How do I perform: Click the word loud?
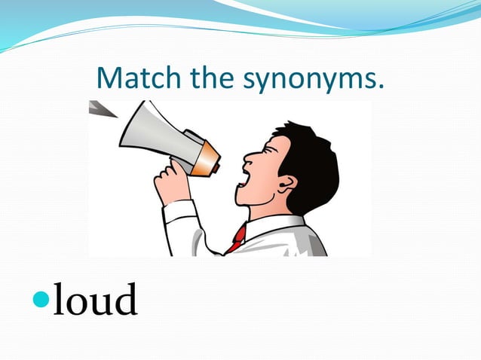96,300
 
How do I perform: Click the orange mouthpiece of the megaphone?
206,159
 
